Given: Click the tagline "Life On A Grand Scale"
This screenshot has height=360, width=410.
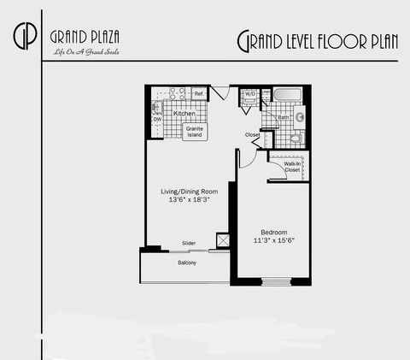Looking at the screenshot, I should [x=79, y=54].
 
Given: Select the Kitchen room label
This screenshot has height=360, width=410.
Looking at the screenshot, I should [x=184, y=114].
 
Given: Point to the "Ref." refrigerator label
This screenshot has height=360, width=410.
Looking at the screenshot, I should [x=198, y=93].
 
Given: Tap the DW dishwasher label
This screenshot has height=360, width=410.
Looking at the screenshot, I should [x=157, y=119].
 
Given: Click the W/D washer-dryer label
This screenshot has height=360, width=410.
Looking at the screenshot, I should [x=251, y=94].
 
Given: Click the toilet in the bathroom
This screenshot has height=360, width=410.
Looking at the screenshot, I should [x=296, y=137].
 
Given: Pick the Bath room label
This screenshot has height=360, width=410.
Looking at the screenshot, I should [x=283, y=117].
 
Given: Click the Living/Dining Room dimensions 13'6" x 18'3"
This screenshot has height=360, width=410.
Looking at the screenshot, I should [x=190, y=201].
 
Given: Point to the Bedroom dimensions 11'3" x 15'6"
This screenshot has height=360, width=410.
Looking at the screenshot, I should [x=273, y=241].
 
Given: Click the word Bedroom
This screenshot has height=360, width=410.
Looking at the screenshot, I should [x=273, y=232].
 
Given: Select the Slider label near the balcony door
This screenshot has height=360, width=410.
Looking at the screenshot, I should [x=189, y=243].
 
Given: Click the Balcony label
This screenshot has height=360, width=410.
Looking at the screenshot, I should [x=187, y=263].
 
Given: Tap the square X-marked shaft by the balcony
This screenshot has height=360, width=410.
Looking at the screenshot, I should [x=224, y=241].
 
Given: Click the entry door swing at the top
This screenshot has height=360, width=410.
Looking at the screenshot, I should [x=220, y=92].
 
